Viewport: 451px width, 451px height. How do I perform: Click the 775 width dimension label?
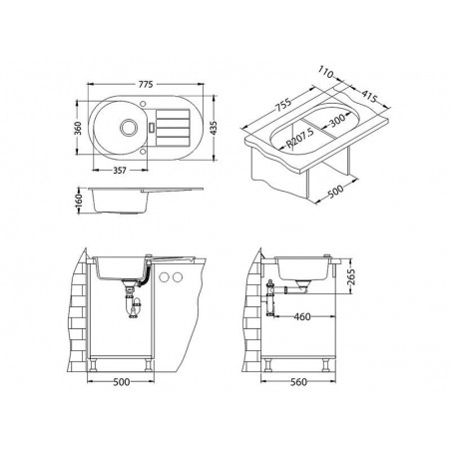pos(146,85)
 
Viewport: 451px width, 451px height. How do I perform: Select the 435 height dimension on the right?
pos(214,128)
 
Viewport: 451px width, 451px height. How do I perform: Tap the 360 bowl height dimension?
pos(78,128)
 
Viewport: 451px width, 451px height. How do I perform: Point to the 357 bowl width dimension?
pos(120,171)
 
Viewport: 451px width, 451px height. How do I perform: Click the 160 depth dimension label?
pos(79,201)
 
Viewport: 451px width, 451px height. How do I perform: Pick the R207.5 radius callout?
pos(300,138)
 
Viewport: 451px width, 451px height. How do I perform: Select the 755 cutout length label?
pos(283,105)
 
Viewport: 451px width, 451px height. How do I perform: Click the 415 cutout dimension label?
pos(369,97)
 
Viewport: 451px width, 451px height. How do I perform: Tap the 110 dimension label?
pos(325,72)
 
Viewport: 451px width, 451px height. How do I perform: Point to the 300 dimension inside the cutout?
pos(337,120)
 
